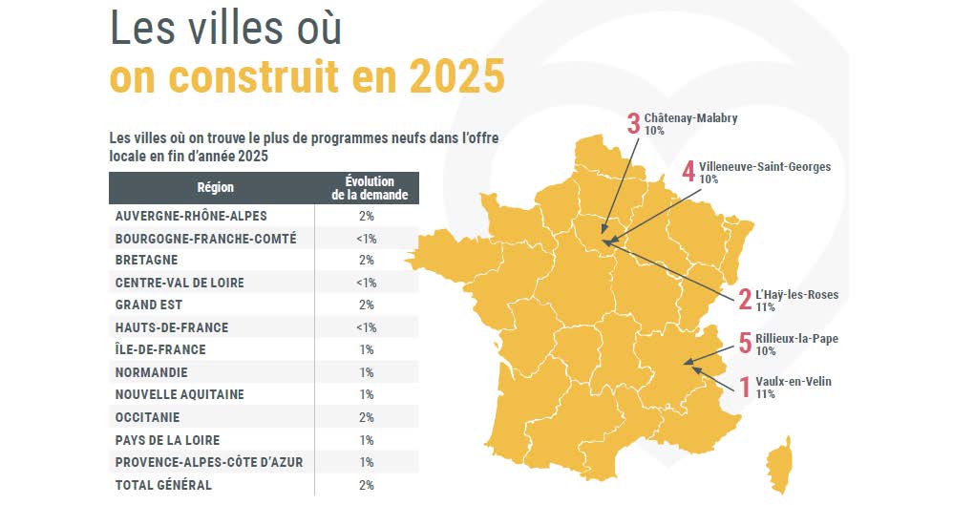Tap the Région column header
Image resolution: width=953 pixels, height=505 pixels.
click(x=215, y=188)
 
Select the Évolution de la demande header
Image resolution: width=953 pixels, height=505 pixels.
click(x=369, y=188)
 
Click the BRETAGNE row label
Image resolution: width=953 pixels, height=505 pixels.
click(x=146, y=260)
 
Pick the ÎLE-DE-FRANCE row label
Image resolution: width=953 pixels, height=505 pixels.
click(x=160, y=349)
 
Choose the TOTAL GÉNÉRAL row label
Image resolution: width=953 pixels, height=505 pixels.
click(x=163, y=485)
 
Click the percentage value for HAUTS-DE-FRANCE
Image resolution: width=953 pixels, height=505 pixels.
click(x=368, y=327)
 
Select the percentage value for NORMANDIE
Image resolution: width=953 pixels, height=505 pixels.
click(x=368, y=372)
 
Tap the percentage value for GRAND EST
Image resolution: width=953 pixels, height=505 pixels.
click(x=368, y=305)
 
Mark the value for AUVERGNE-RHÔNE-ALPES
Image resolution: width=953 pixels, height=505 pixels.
click(x=368, y=216)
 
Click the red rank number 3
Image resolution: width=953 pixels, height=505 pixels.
click(x=632, y=124)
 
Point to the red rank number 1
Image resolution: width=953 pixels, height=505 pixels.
click(x=745, y=388)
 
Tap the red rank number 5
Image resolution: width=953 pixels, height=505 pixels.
click(x=745, y=344)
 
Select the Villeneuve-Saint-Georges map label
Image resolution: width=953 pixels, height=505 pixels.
click(x=764, y=167)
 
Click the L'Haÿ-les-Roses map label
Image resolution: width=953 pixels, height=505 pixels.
click(x=796, y=295)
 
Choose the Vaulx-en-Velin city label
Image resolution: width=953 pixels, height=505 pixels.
click(x=793, y=382)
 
